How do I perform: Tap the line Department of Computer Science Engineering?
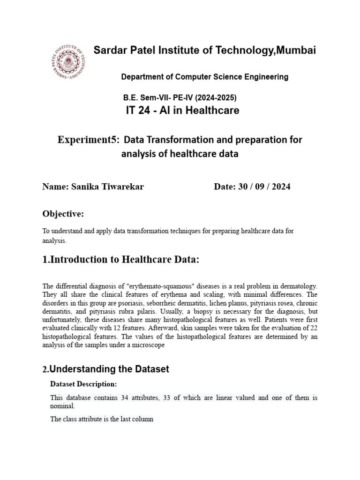[205, 76]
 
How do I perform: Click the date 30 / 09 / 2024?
[265, 187]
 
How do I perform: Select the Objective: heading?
[63, 214]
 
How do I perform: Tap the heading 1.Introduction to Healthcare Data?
[121, 260]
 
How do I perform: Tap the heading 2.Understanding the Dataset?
[105, 369]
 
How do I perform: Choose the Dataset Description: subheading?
[83, 384]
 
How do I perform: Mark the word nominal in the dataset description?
[62, 406]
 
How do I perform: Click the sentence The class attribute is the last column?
[102, 419]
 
